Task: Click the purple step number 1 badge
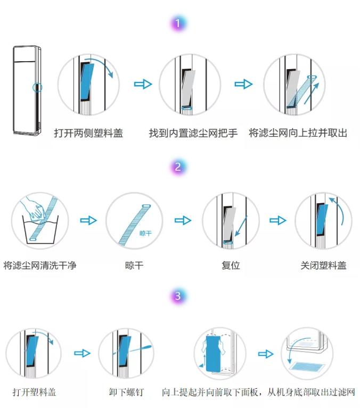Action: pos(180,23)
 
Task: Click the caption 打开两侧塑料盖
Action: pos(88,134)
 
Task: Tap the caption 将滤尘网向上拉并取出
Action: pos(298,134)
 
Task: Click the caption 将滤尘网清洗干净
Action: pos(39,264)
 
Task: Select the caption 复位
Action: pos(231,264)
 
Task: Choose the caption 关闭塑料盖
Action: pos(323,264)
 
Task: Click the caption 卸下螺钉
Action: pos(126,393)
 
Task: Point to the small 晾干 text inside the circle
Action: pos(145,233)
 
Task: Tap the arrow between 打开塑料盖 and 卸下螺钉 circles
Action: pos(81,353)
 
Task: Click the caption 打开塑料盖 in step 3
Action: pos(34,393)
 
